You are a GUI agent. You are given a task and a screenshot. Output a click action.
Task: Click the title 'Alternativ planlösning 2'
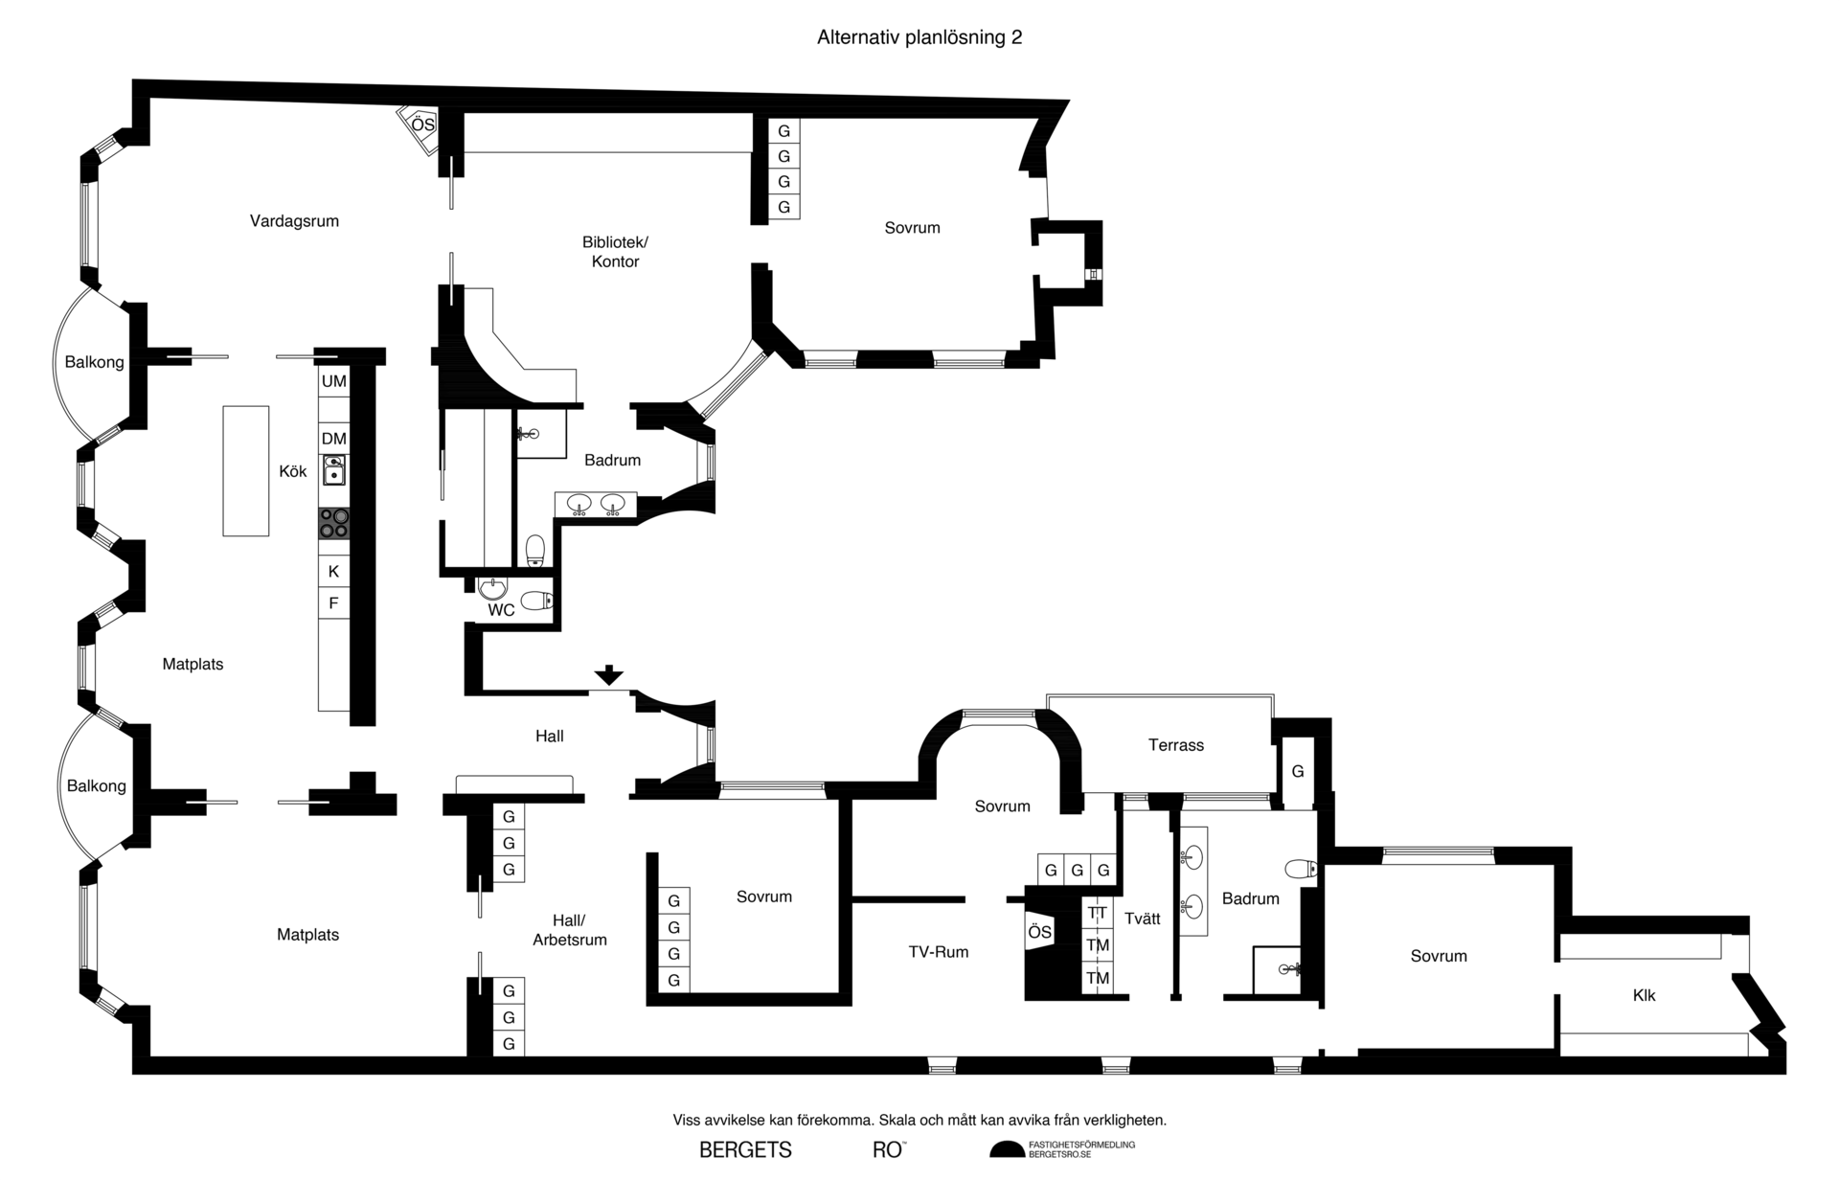(919, 37)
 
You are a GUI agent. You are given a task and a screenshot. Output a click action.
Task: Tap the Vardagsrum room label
(294, 221)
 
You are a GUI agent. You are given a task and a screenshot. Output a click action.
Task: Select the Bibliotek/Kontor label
(615, 251)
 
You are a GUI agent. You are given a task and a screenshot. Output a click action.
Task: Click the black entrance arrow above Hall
(608, 675)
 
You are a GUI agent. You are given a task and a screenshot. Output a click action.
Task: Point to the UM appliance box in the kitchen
(333, 381)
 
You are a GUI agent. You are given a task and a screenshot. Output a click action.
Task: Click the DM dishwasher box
(333, 439)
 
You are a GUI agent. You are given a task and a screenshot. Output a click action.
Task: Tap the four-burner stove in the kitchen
(333, 523)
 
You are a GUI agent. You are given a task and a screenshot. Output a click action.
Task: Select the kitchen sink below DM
(333, 469)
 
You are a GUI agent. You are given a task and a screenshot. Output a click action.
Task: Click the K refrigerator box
(333, 571)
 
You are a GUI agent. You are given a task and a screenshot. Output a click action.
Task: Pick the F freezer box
(333, 602)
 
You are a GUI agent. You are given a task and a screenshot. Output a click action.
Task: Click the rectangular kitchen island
(246, 470)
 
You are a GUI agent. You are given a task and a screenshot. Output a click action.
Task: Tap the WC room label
(501, 610)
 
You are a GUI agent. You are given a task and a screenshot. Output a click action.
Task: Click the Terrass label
(1175, 745)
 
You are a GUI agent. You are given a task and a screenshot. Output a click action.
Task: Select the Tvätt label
(1142, 919)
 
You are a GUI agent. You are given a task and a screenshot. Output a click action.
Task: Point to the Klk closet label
(1644, 995)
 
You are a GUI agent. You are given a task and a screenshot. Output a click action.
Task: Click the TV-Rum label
(938, 952)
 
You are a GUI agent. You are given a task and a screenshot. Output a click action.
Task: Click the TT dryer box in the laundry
(1098, 913)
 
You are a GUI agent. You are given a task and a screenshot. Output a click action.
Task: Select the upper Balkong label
(94, 362)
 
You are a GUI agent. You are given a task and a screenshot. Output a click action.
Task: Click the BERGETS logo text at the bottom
(745, 1150)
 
